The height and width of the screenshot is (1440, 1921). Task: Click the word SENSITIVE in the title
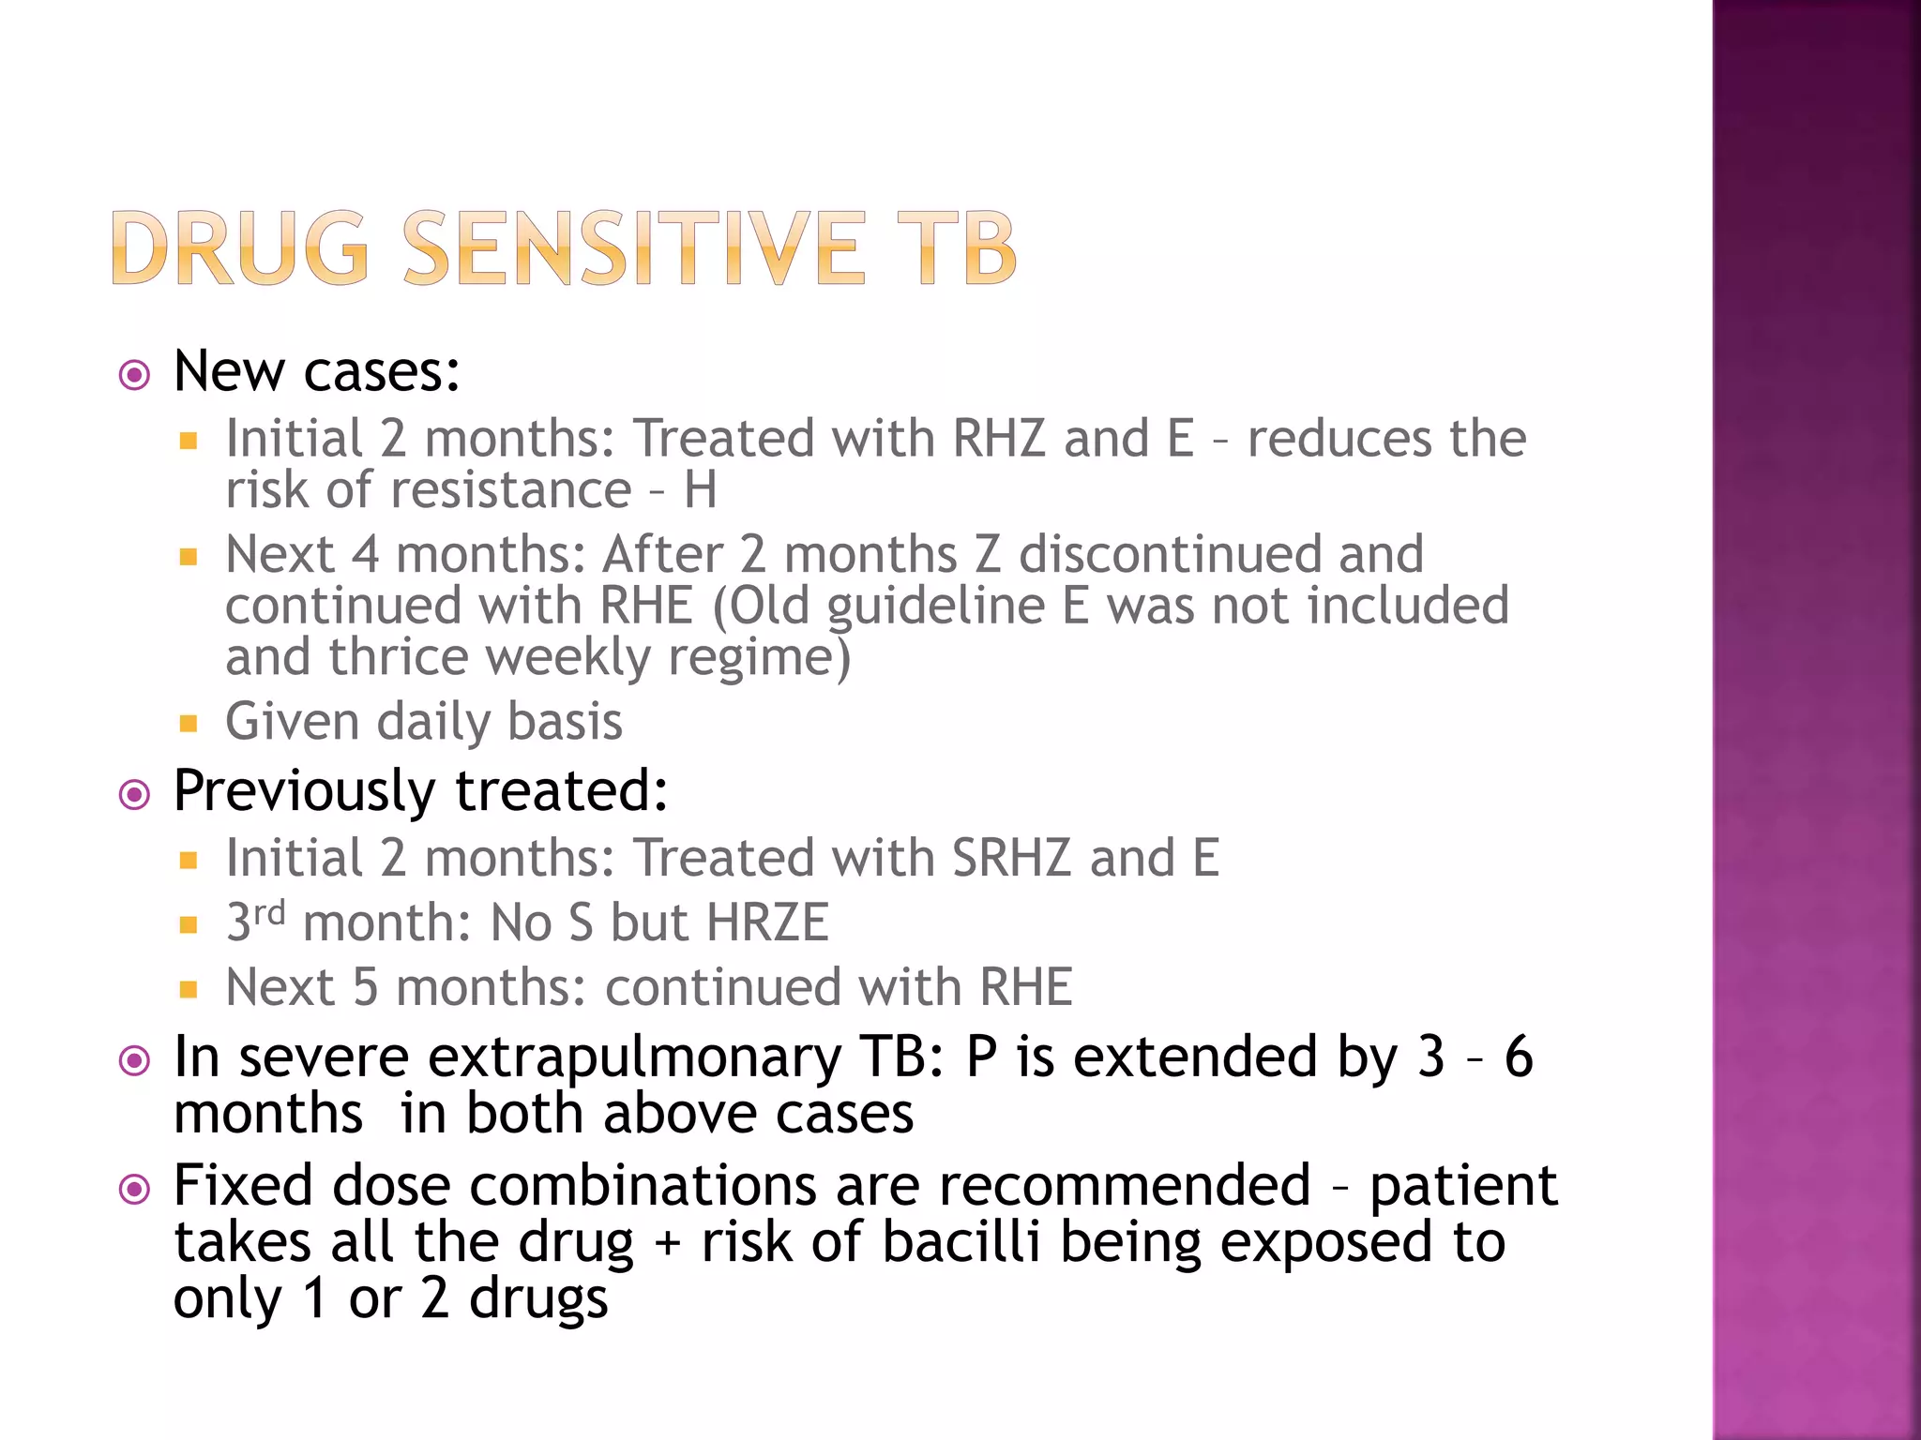633,247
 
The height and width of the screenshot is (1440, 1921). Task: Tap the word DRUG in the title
240,247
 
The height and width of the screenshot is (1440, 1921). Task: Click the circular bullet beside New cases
135,376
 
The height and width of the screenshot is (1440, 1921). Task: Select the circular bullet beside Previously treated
135,795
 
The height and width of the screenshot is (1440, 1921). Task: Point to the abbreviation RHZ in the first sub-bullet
998,438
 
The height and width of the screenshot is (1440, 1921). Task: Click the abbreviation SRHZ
1010,858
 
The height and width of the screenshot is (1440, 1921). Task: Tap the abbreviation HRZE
767,922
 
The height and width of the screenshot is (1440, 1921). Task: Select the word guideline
935,607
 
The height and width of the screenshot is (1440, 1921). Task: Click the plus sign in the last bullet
667,1244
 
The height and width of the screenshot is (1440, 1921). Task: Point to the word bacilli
961,1242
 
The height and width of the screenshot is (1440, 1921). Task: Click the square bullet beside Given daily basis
189,723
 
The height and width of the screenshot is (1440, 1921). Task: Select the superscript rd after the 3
269,912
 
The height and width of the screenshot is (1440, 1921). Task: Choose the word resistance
510,489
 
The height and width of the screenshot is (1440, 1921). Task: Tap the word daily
433,723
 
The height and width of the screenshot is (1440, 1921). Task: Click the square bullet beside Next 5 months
189,989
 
